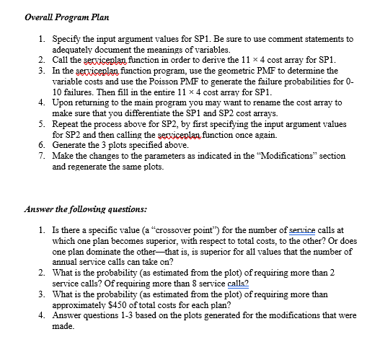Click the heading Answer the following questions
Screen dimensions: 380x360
click(x=85, y=210)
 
